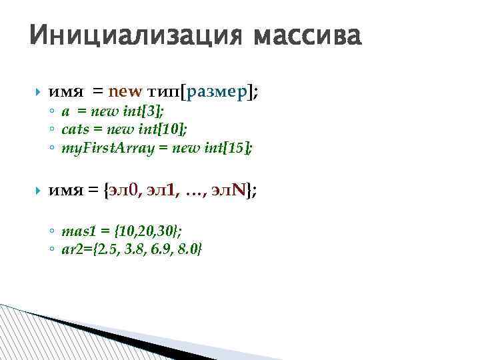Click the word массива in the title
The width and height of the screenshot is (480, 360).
[306, 34]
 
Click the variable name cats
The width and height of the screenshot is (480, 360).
[74, 129]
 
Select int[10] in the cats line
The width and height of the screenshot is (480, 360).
[159, 129]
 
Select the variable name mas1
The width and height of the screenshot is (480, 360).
[75, 231]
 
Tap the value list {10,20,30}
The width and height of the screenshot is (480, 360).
[147, 231]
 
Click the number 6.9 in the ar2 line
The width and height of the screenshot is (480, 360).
[161, 249]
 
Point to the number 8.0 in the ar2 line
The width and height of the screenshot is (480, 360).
[190, 249]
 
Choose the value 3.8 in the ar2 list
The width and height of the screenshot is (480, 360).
[135, 249]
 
